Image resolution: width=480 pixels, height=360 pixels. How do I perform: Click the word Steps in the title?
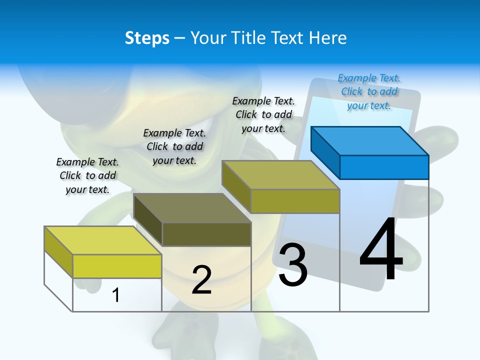pos(147,38)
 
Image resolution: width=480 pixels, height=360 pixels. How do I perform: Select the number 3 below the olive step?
pos(293,264)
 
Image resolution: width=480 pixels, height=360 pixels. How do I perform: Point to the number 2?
pos(201,279)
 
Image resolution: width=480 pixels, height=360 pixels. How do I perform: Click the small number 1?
pos(115,295)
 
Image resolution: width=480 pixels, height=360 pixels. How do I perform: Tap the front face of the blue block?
pos(384,167)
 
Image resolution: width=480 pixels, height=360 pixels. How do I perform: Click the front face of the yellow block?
pos(117,266)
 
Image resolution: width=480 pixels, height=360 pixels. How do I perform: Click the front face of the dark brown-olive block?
pos(206,234)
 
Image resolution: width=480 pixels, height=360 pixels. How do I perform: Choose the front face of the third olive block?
pos(295,201)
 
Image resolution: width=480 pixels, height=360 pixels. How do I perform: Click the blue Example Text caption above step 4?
pos(369,91)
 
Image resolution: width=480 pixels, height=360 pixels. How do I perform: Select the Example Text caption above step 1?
pos(87,175)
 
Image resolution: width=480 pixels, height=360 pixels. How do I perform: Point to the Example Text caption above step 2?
pos(174,146)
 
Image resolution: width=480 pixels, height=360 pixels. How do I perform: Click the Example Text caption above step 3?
pos(263,114)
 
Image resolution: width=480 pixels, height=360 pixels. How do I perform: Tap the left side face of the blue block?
pos(325,152)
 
